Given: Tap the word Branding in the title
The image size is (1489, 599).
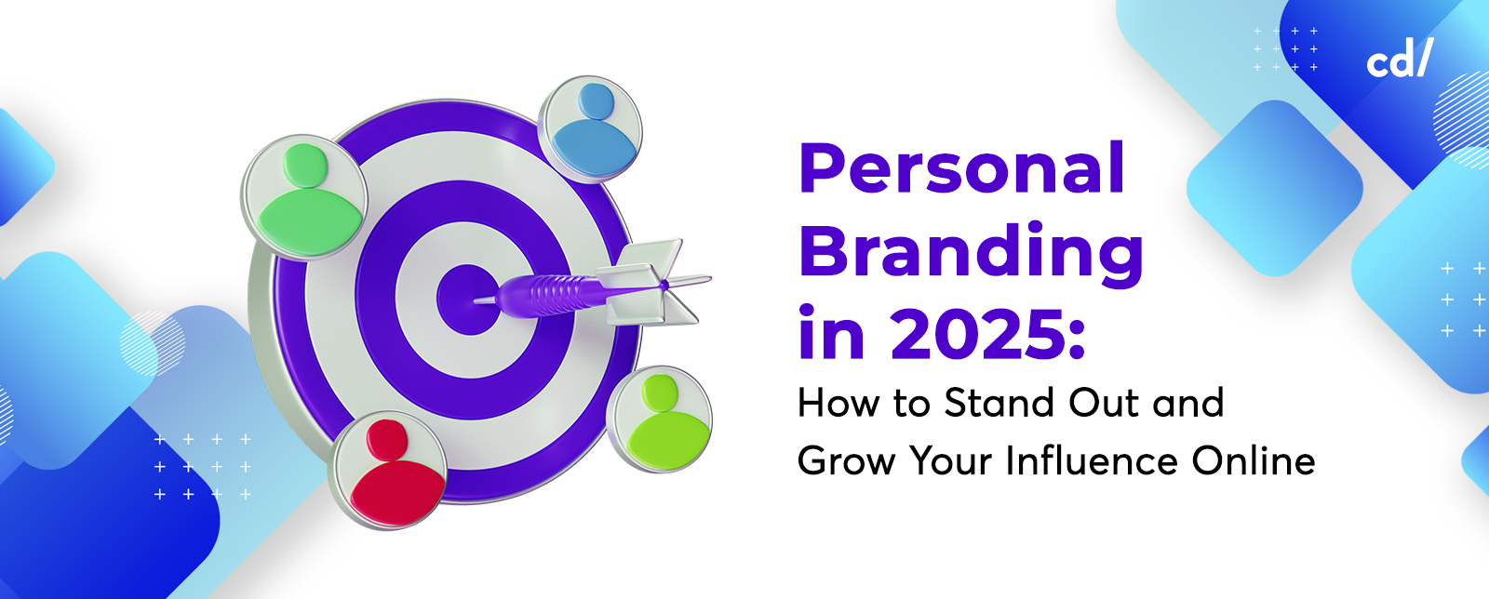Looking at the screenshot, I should pyautogui.click(x=971, y=252).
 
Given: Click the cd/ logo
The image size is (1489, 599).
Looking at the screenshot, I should pyautogui.click(x=1399, y=60).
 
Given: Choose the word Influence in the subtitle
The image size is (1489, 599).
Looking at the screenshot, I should pyautogui.click(x=1093, y=461).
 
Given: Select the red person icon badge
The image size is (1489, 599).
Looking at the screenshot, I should pyautogui.click(x=390, y=470).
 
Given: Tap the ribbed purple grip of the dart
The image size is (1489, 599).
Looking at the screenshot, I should pyautogui.click(x=558, y=291).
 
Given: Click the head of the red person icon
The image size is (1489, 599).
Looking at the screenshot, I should pyautogui.click(x=387, y=438).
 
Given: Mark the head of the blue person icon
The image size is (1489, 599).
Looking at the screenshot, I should pyautogui.click(x=596, y=100).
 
